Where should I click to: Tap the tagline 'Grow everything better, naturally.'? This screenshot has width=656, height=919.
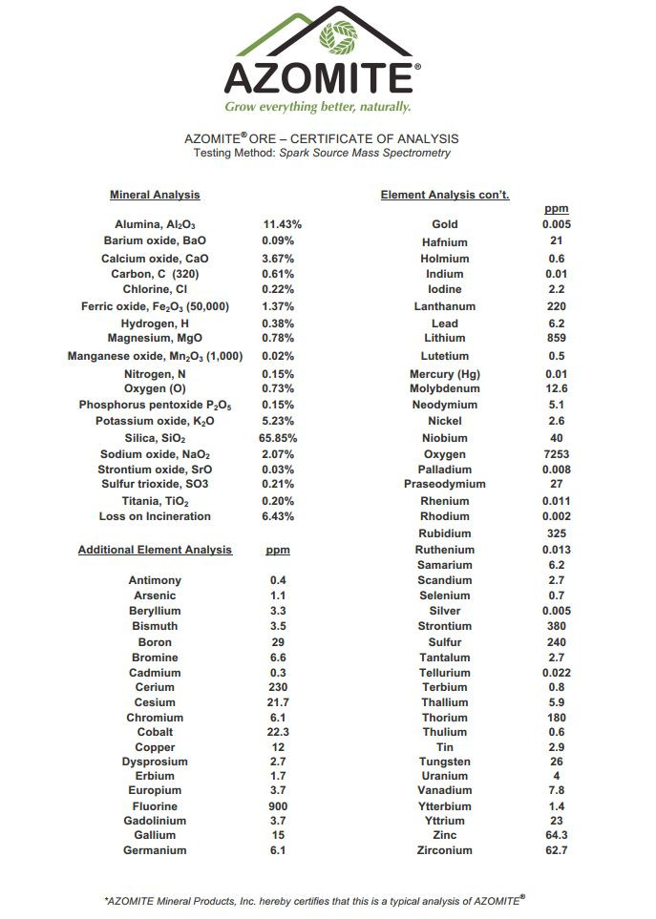(x=318, y=106)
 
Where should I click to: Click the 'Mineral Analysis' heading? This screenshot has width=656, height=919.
(x=155, y=195)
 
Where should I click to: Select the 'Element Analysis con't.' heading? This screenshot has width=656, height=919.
(x=445, y=195)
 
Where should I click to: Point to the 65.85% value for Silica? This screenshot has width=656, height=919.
(x=281, y=438)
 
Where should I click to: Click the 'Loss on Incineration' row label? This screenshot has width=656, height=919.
(x=155, y=516)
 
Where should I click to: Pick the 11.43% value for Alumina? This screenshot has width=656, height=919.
(x=283, y=224)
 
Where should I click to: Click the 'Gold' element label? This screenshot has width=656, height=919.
(x=445, y=224)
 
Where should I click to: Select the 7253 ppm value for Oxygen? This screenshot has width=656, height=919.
(x=556, y=454)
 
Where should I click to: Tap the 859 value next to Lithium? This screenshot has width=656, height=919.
(x=556, y=338)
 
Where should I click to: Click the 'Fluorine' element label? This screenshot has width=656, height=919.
(x=155, y=806)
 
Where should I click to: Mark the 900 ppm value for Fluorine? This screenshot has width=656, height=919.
(x=279, y=806)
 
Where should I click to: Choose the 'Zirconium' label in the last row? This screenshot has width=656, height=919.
(x=445, y=850)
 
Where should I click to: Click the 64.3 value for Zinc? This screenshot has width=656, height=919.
(x=556, y=835)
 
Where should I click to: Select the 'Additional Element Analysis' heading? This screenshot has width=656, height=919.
(x=155, y=550)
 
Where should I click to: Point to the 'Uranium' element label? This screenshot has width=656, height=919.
(x=445, y=776)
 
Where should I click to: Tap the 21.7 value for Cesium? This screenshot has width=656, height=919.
(x=279, y=702)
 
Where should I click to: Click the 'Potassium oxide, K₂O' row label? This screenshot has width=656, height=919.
(x=155, y=421)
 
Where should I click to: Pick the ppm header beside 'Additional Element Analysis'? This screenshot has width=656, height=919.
(x=278, y=551)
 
